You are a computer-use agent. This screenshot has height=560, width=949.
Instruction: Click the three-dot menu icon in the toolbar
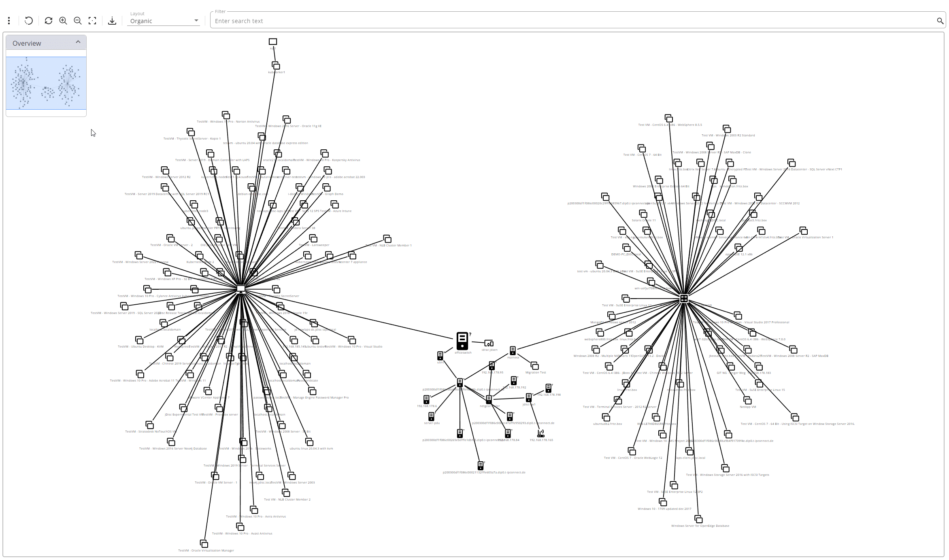pyautogui.click(x=9, y=21)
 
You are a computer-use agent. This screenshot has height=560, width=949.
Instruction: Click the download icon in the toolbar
pyautogui.click(x=112, y=21)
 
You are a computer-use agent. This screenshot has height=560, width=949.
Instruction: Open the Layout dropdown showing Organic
pyautogui.click(x=164, y=21)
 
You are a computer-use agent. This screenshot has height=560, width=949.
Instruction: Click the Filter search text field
pyautogui.click(x=567, y=21)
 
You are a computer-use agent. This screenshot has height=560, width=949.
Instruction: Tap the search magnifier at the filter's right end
pyautogui.click(x=940, y=21)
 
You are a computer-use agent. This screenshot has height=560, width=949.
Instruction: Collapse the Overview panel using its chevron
pyautogui.click(x=78, y=42)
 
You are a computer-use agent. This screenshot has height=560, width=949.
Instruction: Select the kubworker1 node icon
pyautogui.click(x=276, y=66)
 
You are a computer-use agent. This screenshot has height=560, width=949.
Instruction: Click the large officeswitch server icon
pyautogui.click(x=462, y=341)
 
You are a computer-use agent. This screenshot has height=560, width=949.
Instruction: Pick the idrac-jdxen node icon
pyautogui.click(x=489, y=344)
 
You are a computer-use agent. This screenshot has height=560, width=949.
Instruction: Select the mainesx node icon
pyautogui.click(x=513, y=350)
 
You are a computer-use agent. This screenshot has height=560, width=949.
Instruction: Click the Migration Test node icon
pyautogui.click(x=535, y=366)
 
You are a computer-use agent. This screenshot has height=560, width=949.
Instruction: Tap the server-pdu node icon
pyautogui.click(x=431, y=416)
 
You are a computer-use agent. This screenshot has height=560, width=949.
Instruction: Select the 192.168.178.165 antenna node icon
pyautogui.click(x=540, y=433)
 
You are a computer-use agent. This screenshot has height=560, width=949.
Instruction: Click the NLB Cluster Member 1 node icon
pyautogui.click(x=387, y=239)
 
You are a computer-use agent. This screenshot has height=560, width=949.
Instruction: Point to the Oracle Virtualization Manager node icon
pyautogui.click(x=204, y=543)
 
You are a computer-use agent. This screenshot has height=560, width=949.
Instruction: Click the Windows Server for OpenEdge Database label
pyautogui.click(x=700, y=526)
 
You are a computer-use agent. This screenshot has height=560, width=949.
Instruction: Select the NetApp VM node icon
pyautogui.click(x=747, y=400)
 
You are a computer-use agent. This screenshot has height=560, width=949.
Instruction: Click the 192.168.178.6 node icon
pyautogui.click(x=426, y=399)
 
